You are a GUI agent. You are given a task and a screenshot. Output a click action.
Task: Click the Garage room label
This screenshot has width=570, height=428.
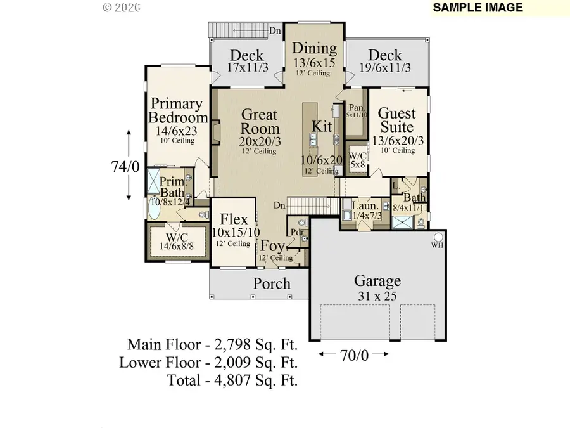coord(377,280)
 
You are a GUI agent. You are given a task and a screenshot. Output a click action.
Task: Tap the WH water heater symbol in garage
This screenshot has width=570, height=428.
coord(436,245)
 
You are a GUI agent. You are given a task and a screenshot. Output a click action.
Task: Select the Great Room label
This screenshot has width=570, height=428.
coord(260,122)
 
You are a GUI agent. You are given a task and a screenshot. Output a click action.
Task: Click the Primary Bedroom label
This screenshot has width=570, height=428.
coord(177,111)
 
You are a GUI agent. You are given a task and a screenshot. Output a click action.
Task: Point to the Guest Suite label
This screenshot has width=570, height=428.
coord(397,120)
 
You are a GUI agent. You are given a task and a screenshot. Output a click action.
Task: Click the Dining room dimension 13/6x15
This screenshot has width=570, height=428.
coord(314,63)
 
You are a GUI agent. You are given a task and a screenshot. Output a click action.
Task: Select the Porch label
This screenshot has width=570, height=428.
coord(272,283)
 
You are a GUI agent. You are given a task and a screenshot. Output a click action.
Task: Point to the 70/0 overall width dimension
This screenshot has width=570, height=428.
coord(353,355)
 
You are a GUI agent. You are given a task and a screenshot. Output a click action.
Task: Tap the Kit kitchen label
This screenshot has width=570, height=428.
coord(322,126)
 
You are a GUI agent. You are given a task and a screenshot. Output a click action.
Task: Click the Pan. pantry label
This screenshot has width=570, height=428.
coord(355,108)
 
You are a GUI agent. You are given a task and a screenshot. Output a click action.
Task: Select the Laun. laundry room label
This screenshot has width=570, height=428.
coord(366,206)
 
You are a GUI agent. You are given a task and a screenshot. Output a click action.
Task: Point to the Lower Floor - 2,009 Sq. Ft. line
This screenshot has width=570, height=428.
coord(208,363)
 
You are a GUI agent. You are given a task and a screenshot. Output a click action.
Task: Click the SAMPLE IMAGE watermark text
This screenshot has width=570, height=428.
coord(478,8)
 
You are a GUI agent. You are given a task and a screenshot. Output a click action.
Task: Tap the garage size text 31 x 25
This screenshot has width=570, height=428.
coord(377,296)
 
